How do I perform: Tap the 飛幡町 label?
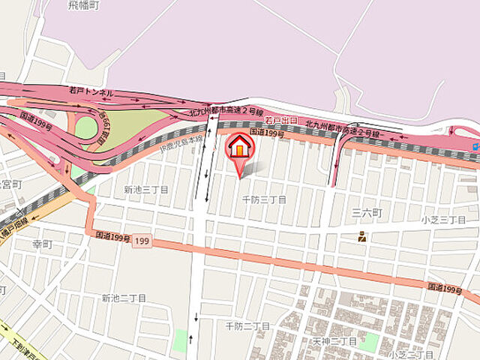[x=82, y=5]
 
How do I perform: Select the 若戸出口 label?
[x=281, y=121]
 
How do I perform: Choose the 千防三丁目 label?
[x=264, y=199]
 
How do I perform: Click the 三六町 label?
[x=367, y=214]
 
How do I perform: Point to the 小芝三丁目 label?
[x=443, y=220]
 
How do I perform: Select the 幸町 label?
[x=42, y=244]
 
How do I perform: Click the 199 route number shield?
[x=143, y=241]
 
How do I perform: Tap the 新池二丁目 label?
[x=124, y=298]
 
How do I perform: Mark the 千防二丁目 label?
[x=247, y=325]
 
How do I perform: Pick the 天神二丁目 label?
[x=334, y=341]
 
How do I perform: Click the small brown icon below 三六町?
[x=362, y=238]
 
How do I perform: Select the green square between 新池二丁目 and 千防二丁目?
[x=178, y=340]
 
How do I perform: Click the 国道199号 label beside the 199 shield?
[x=112, y=236]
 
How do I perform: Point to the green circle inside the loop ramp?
[x=85, y=127]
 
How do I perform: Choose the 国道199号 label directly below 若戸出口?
[x=268, y=133]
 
